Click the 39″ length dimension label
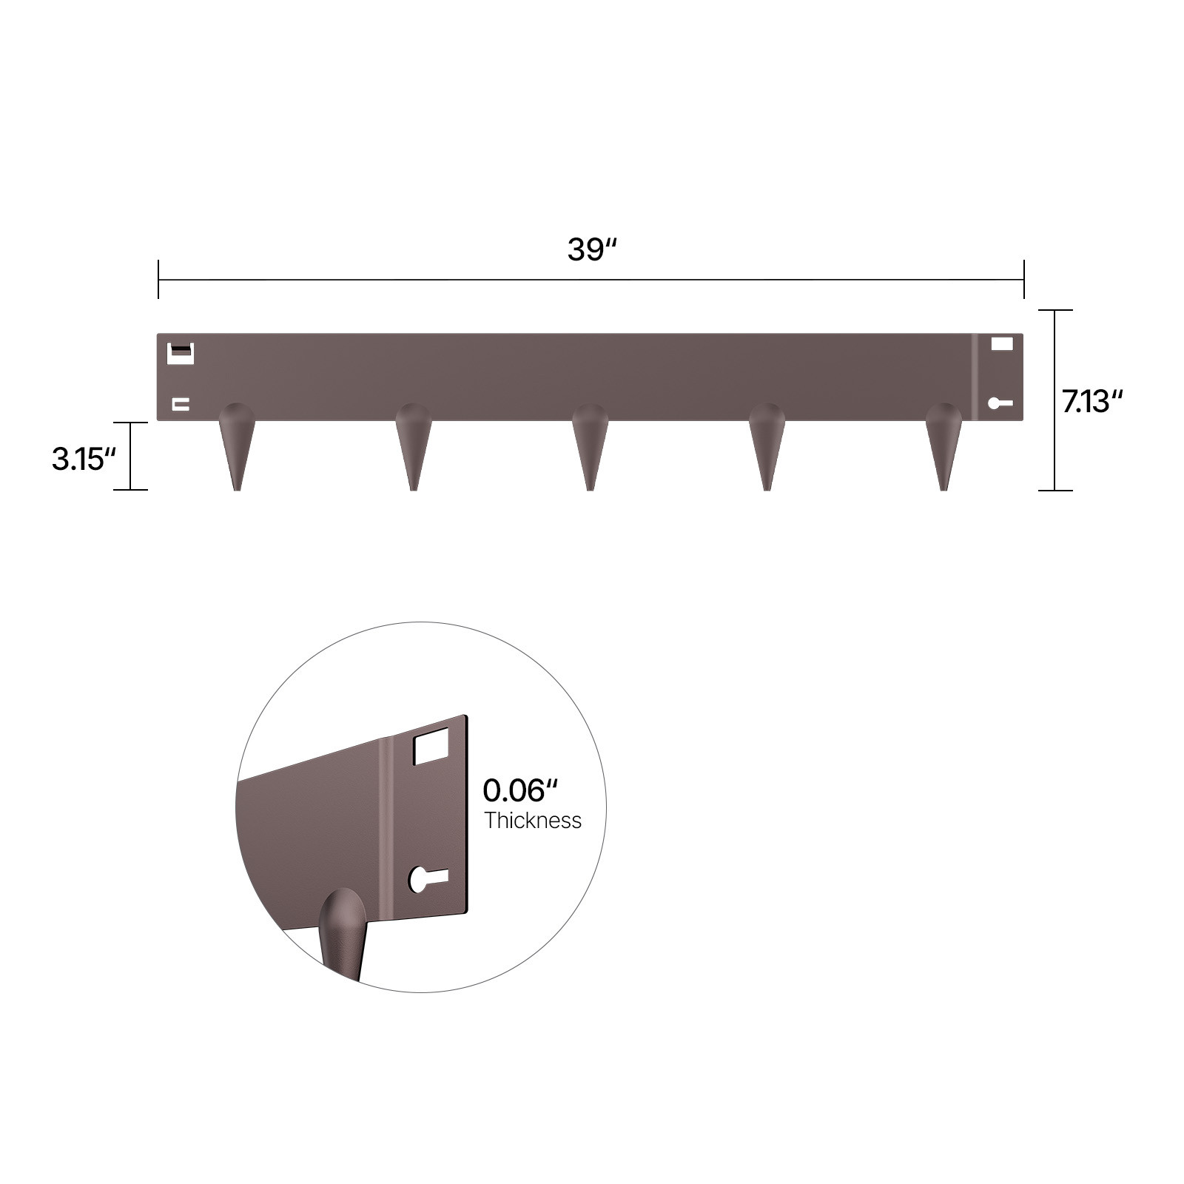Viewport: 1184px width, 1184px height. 591,250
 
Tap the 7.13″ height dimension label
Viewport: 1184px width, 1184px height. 1092,402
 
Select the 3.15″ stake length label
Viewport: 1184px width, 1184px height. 84,459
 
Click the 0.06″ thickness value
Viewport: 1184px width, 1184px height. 519,790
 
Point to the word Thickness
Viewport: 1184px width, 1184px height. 533,821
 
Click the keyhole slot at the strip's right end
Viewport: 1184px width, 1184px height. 1000,403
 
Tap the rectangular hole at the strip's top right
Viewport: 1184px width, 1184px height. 1001,343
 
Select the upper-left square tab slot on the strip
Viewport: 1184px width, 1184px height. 181,353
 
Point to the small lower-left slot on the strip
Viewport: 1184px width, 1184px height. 181,404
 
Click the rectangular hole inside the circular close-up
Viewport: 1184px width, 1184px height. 431,746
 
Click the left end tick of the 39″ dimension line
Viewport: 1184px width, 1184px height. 158,280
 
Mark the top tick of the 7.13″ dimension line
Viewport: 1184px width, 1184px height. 1054,311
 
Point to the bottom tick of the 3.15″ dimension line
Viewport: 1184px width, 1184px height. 130,490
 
